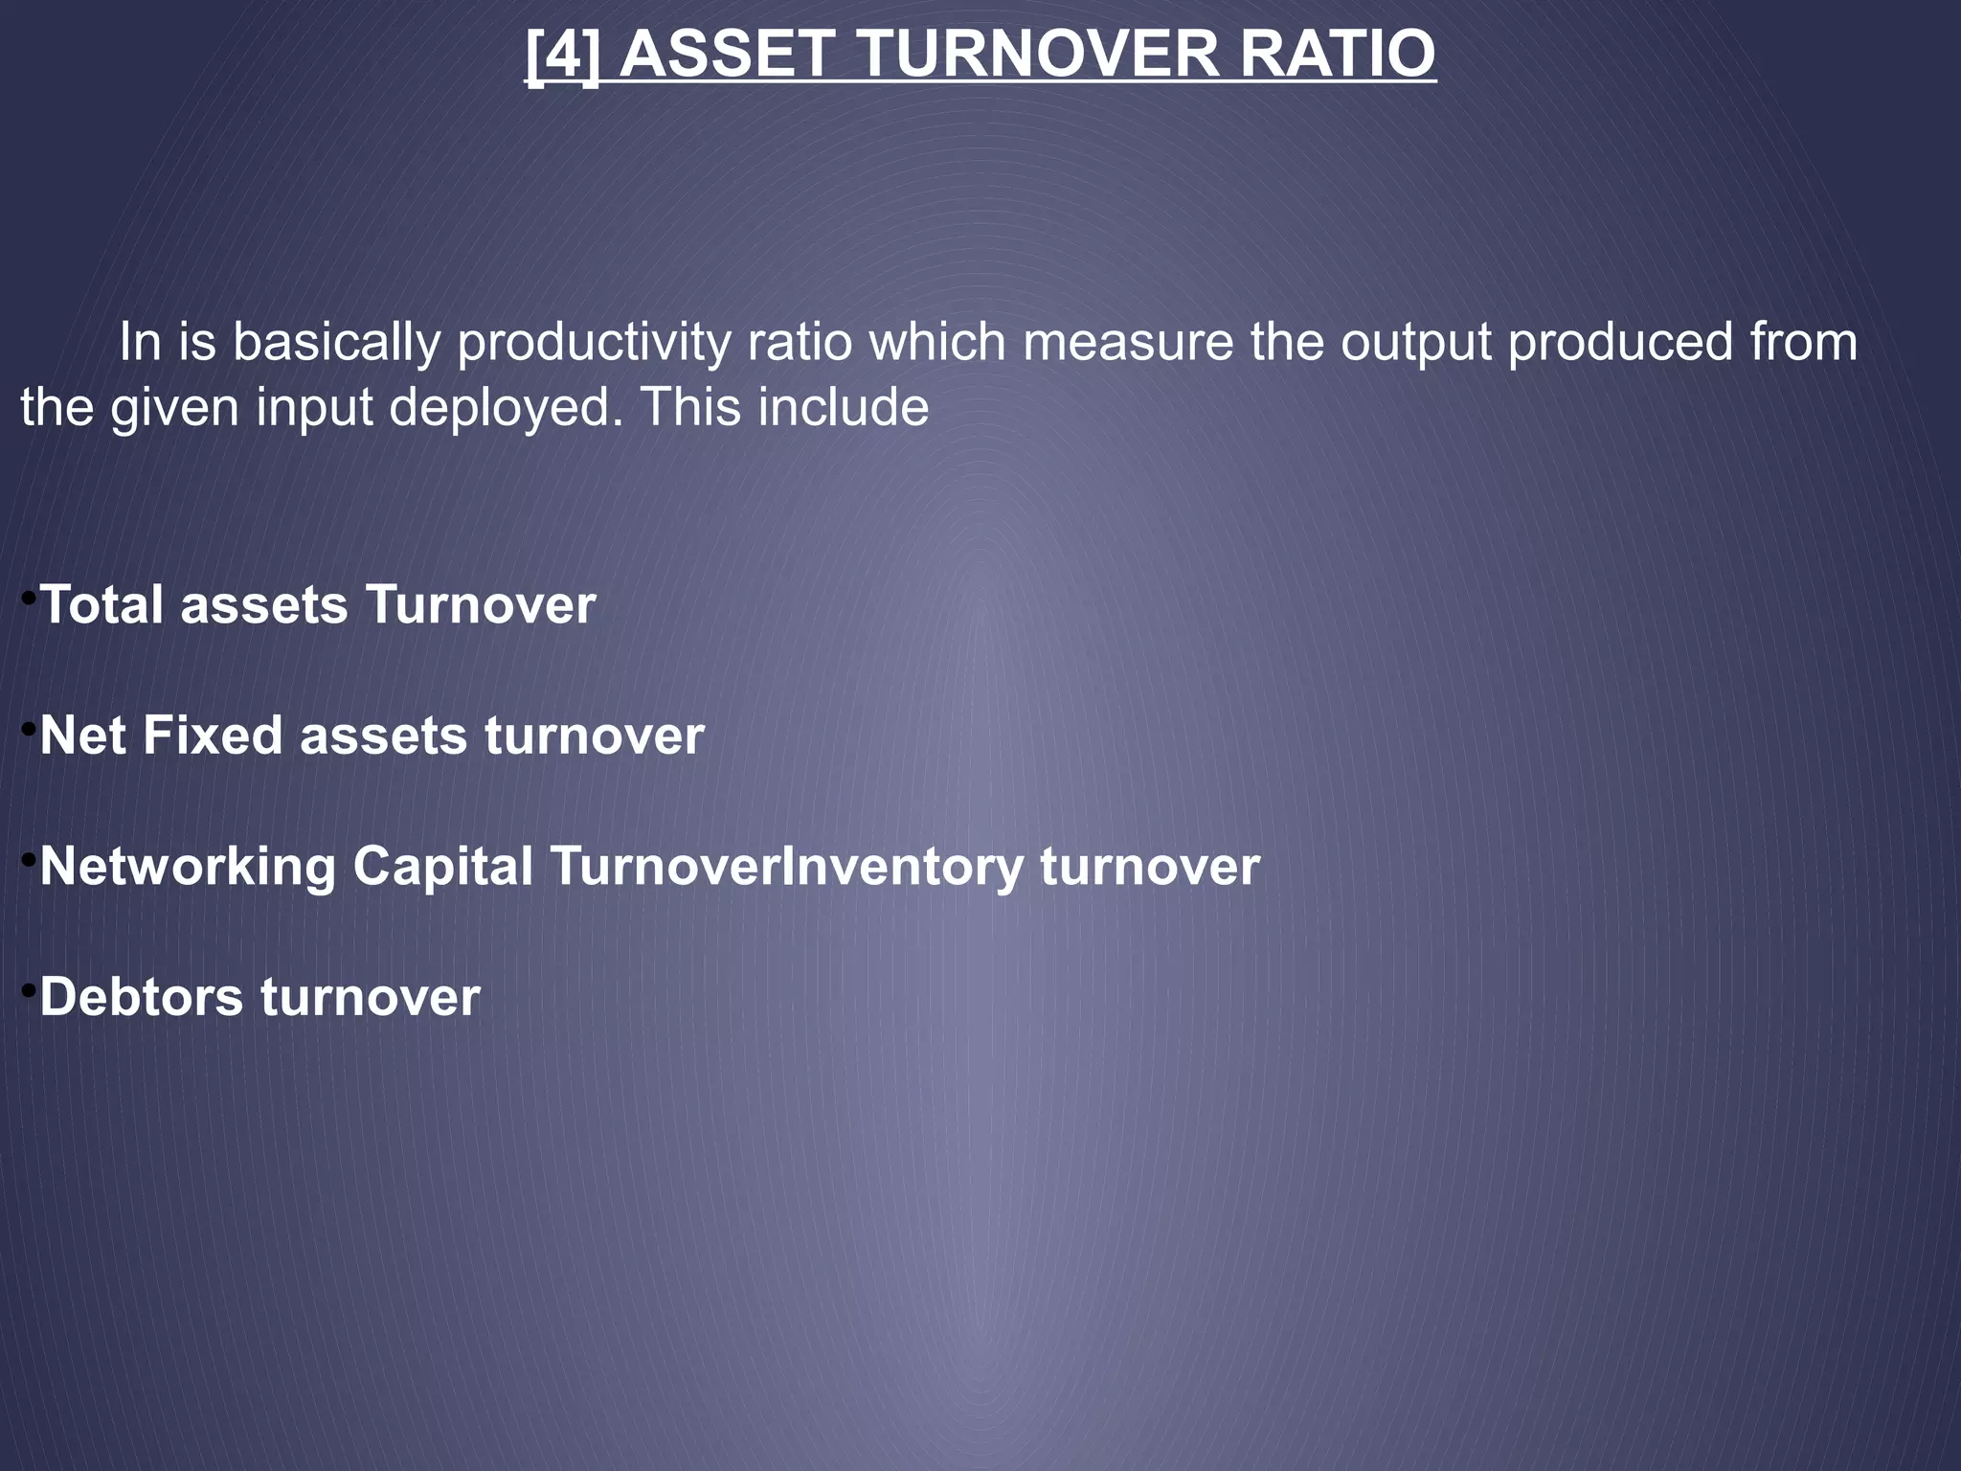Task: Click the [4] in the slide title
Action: pyautogui.click(x=563, y=55)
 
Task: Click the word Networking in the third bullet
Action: pyautogui.click(x=188, y=867)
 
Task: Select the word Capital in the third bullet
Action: pyautogui.click(x=442, y=867)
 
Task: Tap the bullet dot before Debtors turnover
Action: pyautogui.click(x=29, y=990)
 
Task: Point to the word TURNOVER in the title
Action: pyautogui.click(x=1040, y=55)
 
